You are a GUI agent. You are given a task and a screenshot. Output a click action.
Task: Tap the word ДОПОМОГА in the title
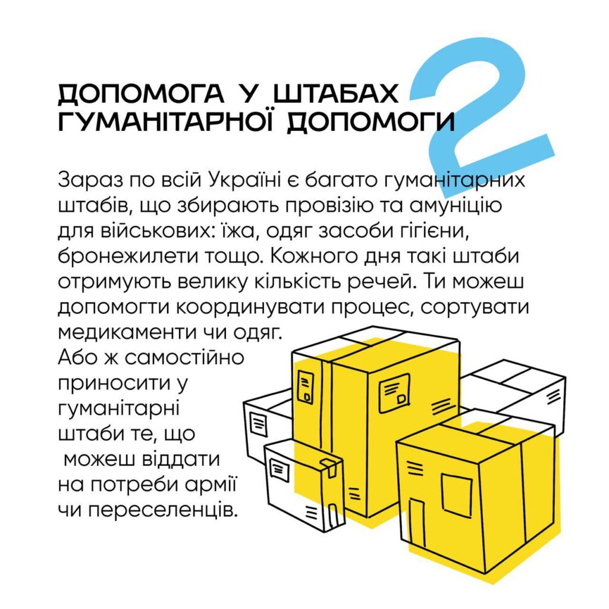point(141,93)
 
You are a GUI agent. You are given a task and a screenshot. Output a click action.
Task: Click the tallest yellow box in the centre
point(375,423)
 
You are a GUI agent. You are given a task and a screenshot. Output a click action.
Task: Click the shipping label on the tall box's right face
point(394,393)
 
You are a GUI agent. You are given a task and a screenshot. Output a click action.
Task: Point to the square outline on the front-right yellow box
point(457,495)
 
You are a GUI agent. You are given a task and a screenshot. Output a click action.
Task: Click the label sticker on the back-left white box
point(259,423)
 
